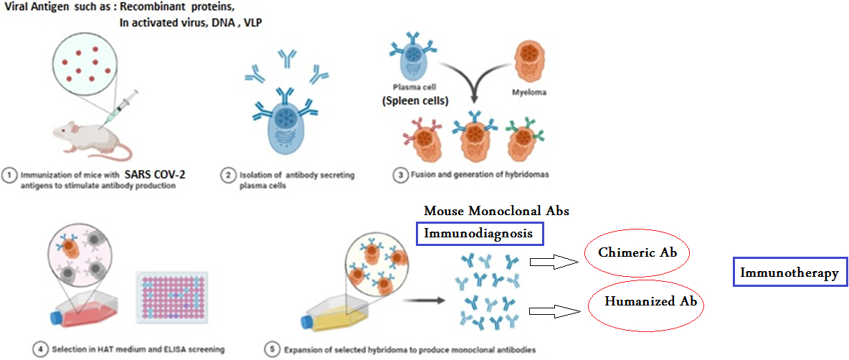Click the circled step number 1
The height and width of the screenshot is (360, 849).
[x=9, y=176]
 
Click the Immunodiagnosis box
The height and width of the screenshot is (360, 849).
[x=480, y=235]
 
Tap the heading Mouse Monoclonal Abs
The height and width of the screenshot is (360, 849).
[x=496, y=211]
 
